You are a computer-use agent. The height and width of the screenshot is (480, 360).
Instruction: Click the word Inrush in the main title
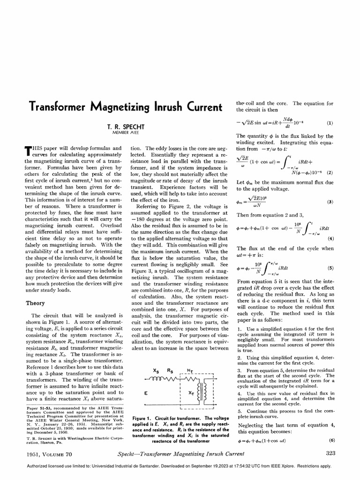click(x=157, y=106)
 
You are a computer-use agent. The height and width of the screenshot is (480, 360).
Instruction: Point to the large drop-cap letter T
click(x=28, y=150)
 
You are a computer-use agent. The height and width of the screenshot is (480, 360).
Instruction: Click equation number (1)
click(x=330, y=123)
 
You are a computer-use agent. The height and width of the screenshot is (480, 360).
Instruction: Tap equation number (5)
click(x=330, y=269)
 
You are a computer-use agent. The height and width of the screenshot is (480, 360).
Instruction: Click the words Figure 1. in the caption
click(x=144, y=418)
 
